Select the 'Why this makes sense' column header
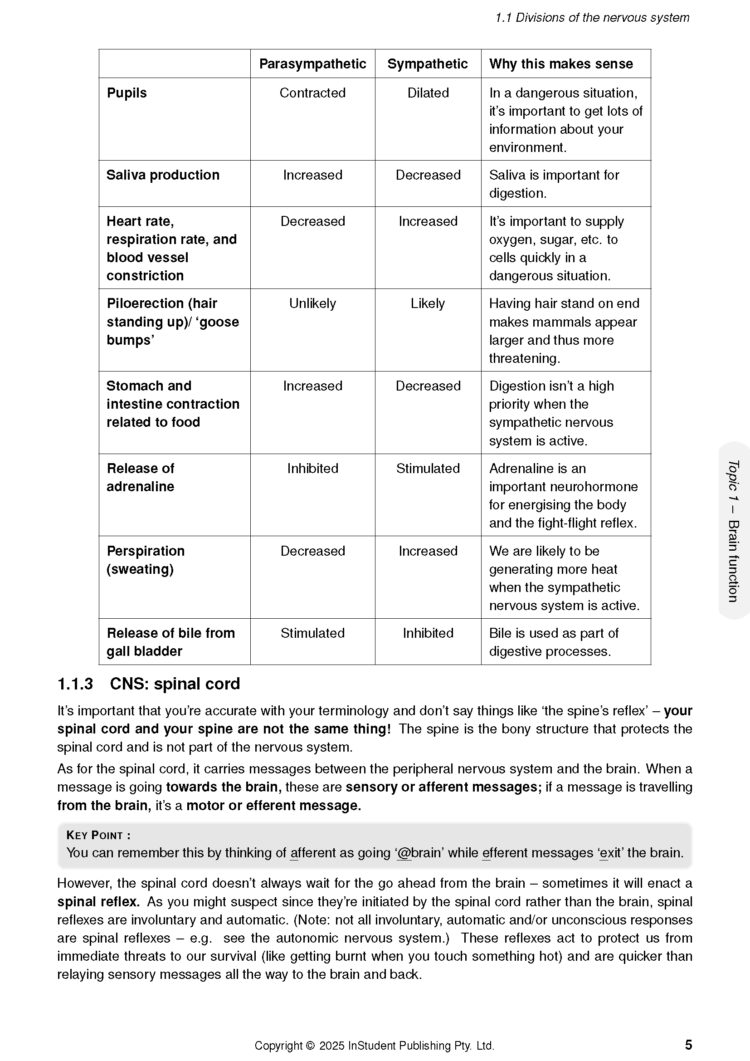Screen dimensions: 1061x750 (x=560, y=64)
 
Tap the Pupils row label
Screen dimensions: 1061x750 (x=127, y=93)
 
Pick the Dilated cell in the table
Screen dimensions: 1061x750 (x=428, y=93)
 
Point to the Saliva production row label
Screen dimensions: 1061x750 (x=163, y=175)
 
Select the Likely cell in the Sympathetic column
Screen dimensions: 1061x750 (x=428, y=303)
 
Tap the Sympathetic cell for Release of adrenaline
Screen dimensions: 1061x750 (x=428, y=469)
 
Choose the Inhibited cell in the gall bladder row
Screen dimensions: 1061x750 (x=428, y=633)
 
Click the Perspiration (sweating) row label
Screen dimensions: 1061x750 (x=146, y=560)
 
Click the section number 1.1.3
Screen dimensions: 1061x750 (x=75, y=684)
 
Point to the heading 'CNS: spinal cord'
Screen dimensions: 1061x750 (x=175, y=684)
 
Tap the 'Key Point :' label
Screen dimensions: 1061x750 (x=98, y=835)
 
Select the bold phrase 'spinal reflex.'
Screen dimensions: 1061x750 (x=98, y=902)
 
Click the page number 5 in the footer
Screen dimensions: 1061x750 (x=688, y=1045)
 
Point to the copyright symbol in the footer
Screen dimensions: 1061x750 (x=310, y=1046)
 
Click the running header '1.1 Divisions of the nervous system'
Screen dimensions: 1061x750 (x=592, y=18)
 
